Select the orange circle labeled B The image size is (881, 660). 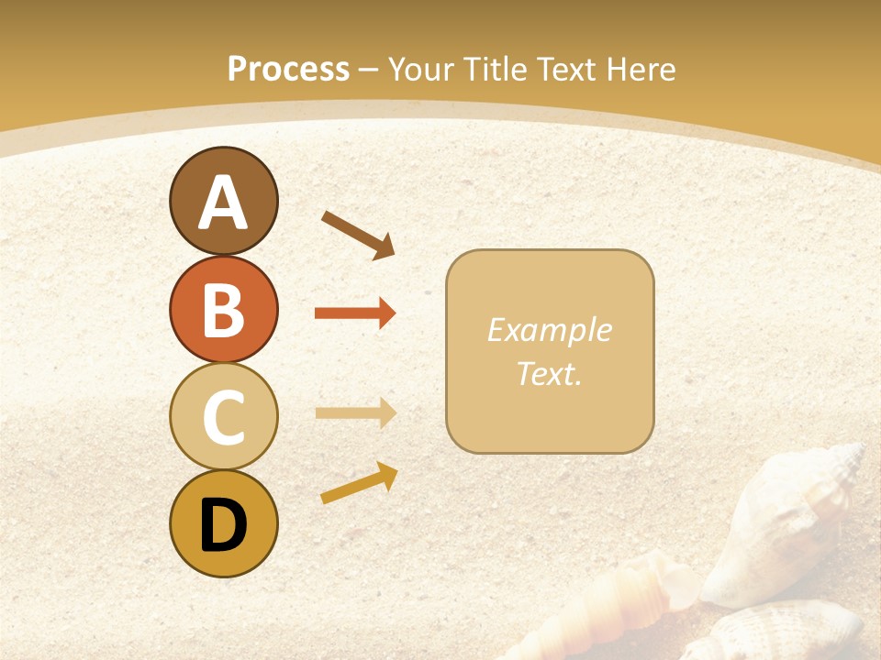pos(223,309)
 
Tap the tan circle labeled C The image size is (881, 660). pos(223,416)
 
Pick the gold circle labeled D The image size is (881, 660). pos(223,523)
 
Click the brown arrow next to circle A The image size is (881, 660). pos(359,235)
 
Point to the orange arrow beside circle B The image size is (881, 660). pos(355,313)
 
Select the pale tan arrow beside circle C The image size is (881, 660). pos(355,412)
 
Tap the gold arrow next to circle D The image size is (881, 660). pos(359,482)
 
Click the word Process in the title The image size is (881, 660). pos(288,69)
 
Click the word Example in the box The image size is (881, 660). pos(549,330)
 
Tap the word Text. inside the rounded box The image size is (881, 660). pos(549,373)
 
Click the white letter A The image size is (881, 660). pos(223,203)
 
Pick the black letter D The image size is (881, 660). pos(223,525)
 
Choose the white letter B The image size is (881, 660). pos(223,311)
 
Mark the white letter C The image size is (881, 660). pos(223,418)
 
